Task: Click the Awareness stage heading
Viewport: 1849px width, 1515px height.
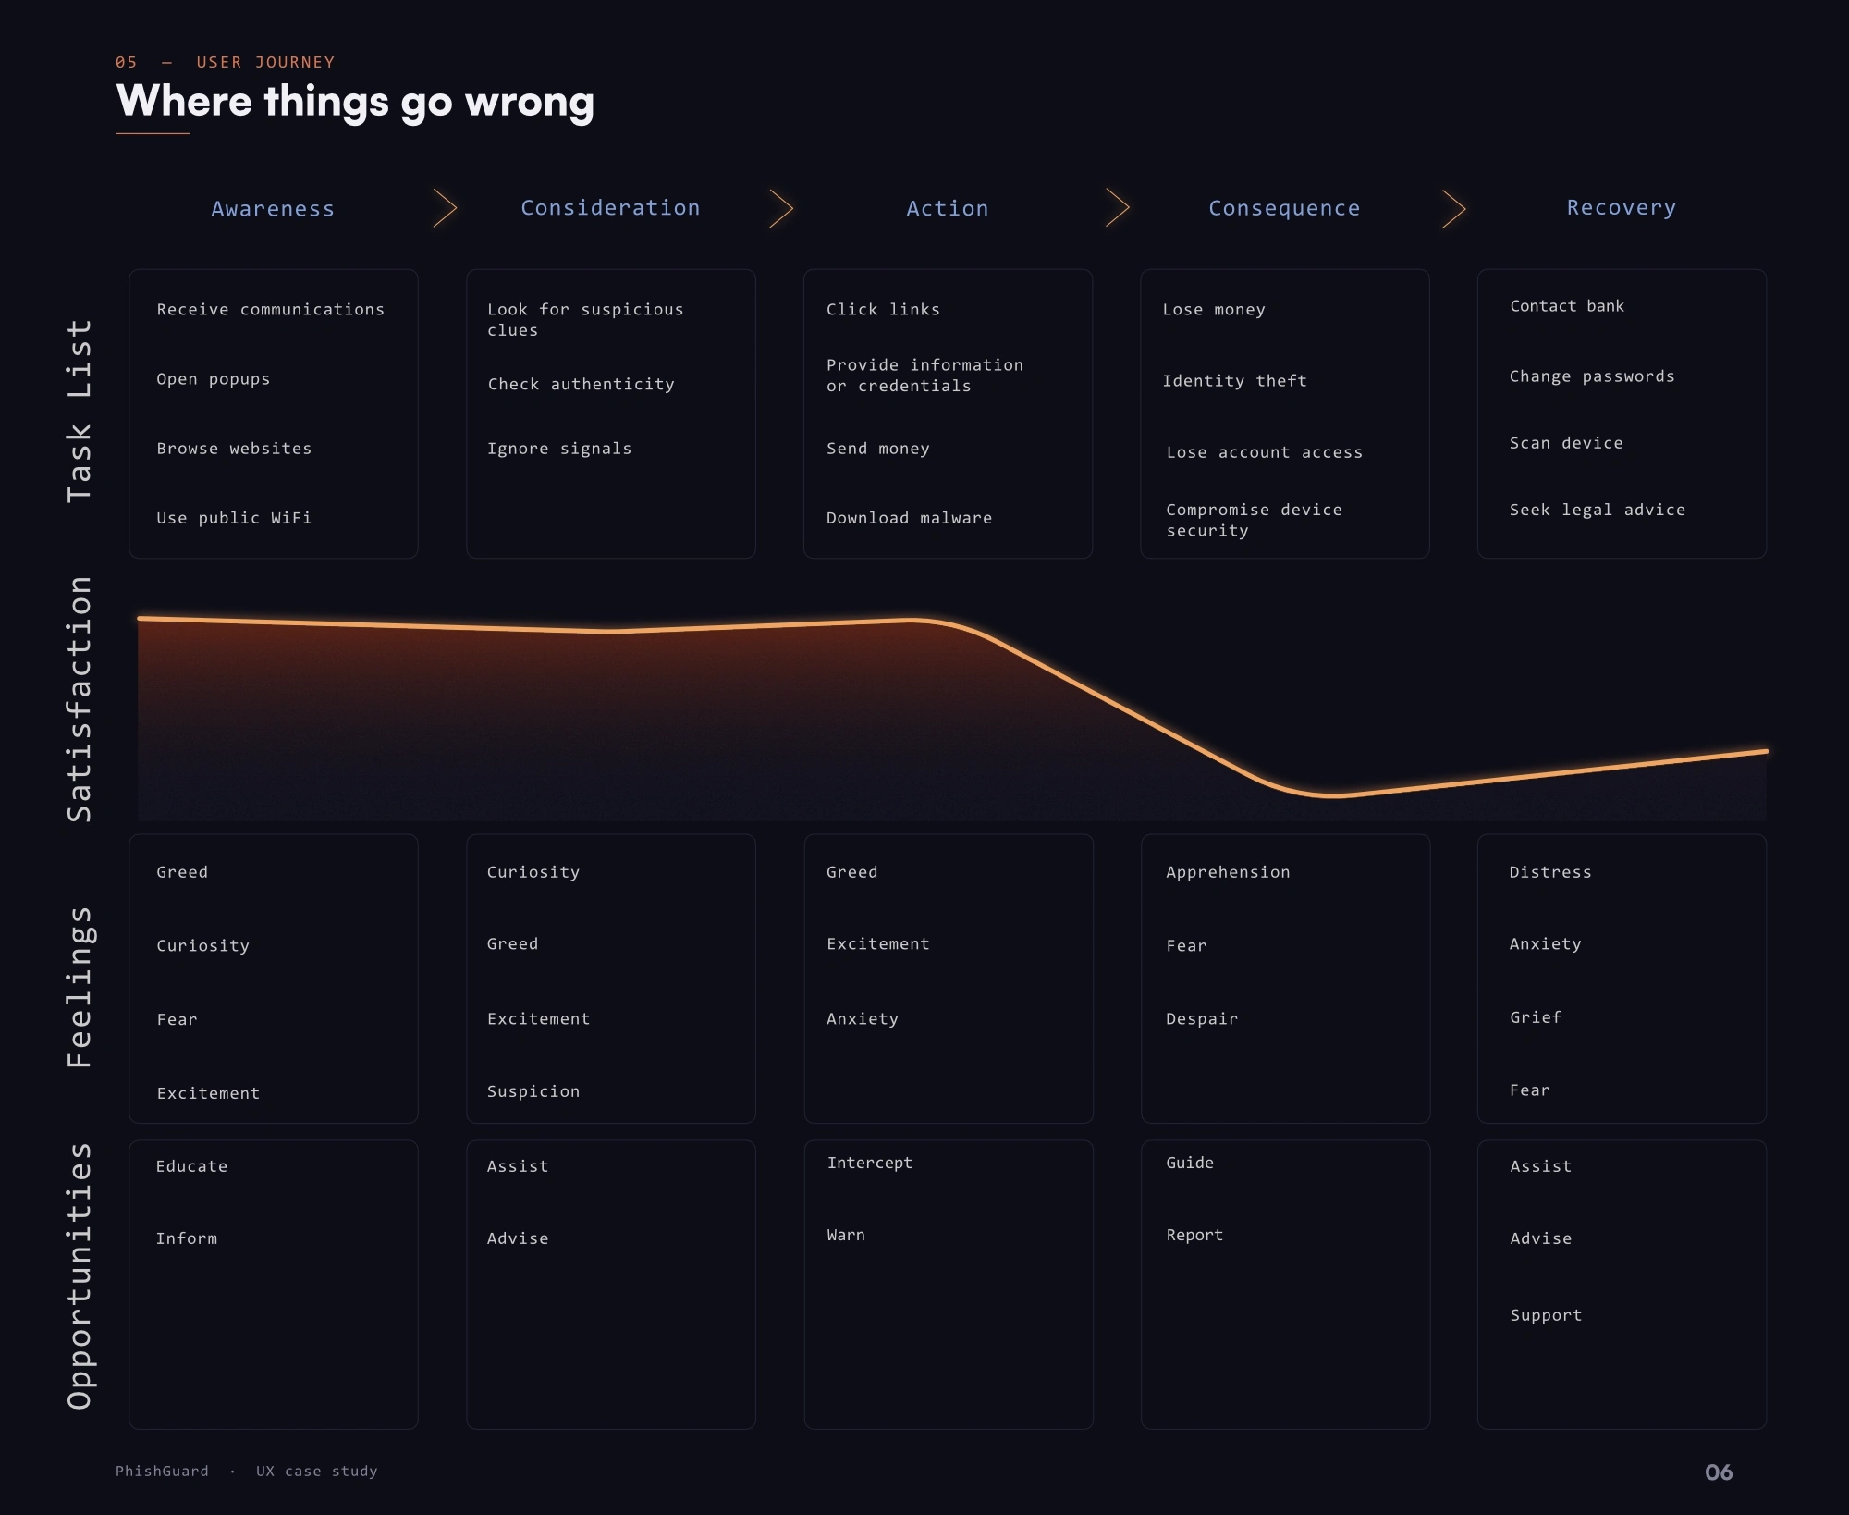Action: [x=273, y=209]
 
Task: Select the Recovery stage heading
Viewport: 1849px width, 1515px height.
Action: [x=1622, y=208]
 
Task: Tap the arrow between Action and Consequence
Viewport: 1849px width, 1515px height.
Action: [x=1118, y=208]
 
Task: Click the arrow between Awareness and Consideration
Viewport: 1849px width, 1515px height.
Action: [x=446, y=208]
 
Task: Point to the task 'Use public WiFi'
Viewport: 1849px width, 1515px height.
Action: [x=234, y=518]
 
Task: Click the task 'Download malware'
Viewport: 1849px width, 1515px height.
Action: [x=909, y=518]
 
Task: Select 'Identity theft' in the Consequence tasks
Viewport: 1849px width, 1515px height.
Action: [x=1234, y=380]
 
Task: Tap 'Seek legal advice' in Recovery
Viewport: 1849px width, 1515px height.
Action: [x=1597, y=510]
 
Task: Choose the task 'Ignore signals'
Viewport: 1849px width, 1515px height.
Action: [x=559, y=449]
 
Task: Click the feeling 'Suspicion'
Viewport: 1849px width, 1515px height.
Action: [x=533, y=1091]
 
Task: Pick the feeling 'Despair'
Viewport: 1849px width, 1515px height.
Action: [x=1202, y=1018]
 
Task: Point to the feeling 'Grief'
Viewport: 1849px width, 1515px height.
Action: [x=1536, y=1017]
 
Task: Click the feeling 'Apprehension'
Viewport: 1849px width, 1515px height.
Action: [x=1228, y=872]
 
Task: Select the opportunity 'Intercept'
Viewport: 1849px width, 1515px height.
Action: [x=869, y=1163]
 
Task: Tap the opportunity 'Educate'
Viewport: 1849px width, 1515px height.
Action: [x=191, y=1166]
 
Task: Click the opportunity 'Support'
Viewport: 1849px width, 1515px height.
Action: [x=1546, y=1315]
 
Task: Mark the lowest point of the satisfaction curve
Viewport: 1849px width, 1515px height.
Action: [x=1333, y=794]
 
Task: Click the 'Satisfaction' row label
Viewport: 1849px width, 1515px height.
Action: [x=80, y=699]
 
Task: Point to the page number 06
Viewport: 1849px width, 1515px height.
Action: [x=1719, y=1472]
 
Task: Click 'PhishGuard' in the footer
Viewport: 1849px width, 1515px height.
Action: [x=162, y=1471]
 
